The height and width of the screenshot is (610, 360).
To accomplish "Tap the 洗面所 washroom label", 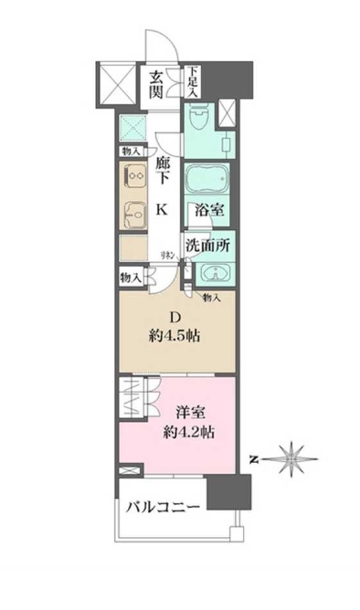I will pyautogui.click(x=208, y=245).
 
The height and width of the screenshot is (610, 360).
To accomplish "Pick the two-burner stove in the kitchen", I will pyautogui.click(x=132, y=174).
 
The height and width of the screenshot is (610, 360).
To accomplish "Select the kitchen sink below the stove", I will pyautogui.click(x=132, y=213).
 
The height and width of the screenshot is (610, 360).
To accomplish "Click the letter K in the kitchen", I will pyautogui.click(x=161, y=209).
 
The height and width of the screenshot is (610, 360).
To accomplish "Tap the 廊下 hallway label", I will pyautogui.click(x=162, y=174).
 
